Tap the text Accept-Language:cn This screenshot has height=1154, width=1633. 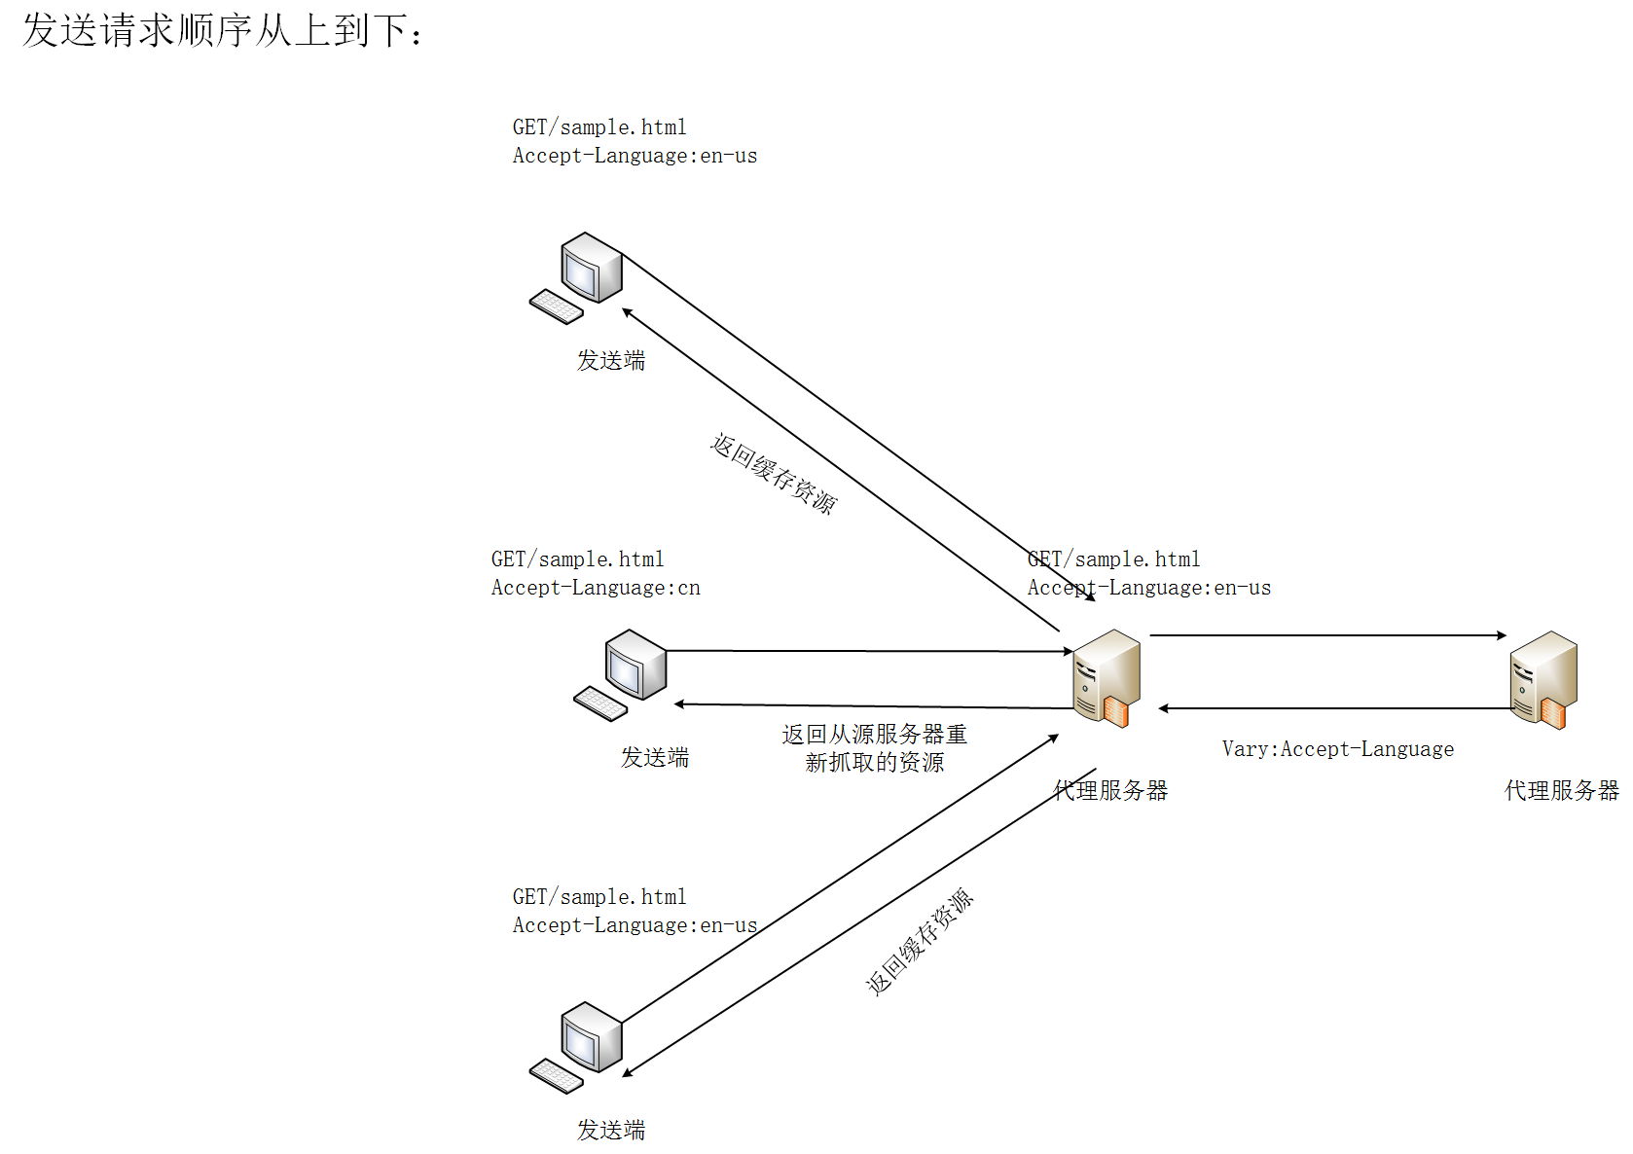[596, 588]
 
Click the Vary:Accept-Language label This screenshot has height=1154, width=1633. [1338, 748]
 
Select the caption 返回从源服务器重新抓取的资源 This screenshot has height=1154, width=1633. [874, 748]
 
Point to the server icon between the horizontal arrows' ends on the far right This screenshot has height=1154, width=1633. [1543, 679]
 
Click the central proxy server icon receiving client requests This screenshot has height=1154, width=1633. [1107, 678]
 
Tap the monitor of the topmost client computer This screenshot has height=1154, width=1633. [592, 267]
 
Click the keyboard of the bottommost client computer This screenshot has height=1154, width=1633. [557, 1076]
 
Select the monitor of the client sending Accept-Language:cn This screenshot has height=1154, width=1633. [635, 665]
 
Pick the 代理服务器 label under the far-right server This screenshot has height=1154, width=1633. [1561, 790]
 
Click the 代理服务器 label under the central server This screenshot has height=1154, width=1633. [1110, 790]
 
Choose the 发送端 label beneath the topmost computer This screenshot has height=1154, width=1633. [611, 360]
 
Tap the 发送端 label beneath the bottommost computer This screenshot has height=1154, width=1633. [611, 1130]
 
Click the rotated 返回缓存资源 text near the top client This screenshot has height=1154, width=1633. [774, 473]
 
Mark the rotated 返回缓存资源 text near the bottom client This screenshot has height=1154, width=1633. [920, 941]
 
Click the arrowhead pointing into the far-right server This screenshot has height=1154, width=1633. [1502, 635]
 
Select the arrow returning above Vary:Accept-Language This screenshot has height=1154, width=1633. [1336, 707]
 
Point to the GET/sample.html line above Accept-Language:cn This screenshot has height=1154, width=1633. [577, 559]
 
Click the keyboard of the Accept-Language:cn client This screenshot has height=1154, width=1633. [600, 703]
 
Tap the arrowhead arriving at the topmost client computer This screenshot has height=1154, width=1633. [626, 312]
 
